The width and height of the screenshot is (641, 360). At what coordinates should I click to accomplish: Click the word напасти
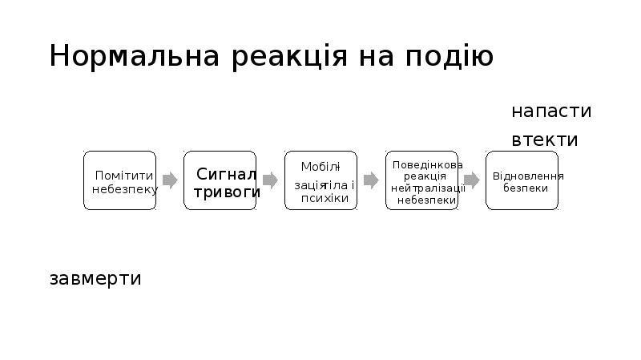click(551, 111)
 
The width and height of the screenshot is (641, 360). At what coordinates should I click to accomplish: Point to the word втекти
click(545, 140)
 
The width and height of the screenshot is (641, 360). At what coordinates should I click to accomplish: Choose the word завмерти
click(95, 279)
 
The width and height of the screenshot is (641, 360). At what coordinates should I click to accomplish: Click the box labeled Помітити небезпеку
click(120, 180)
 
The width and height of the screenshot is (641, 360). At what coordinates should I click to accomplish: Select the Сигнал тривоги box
click(220, 180)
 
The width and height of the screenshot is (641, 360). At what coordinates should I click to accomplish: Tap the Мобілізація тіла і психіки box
click(320, 180)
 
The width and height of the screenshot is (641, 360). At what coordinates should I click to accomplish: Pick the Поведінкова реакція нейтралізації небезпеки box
click(421, 180)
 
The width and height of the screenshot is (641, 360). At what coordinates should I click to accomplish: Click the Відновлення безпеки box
click(522, 180)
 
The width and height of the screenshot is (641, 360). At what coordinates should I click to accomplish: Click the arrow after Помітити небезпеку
click(170, 180)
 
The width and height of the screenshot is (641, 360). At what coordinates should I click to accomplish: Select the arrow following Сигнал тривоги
click(270, 180)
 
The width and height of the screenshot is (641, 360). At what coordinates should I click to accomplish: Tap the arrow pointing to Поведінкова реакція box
click(370, 180)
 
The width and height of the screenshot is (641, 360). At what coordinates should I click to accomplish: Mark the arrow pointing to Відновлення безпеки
click(472, 180)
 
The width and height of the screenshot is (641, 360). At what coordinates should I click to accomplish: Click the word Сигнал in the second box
click(227, 174)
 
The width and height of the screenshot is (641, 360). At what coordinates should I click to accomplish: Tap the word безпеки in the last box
click(526, 188)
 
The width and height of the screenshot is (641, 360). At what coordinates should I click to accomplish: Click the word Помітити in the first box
click(124, 176)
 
